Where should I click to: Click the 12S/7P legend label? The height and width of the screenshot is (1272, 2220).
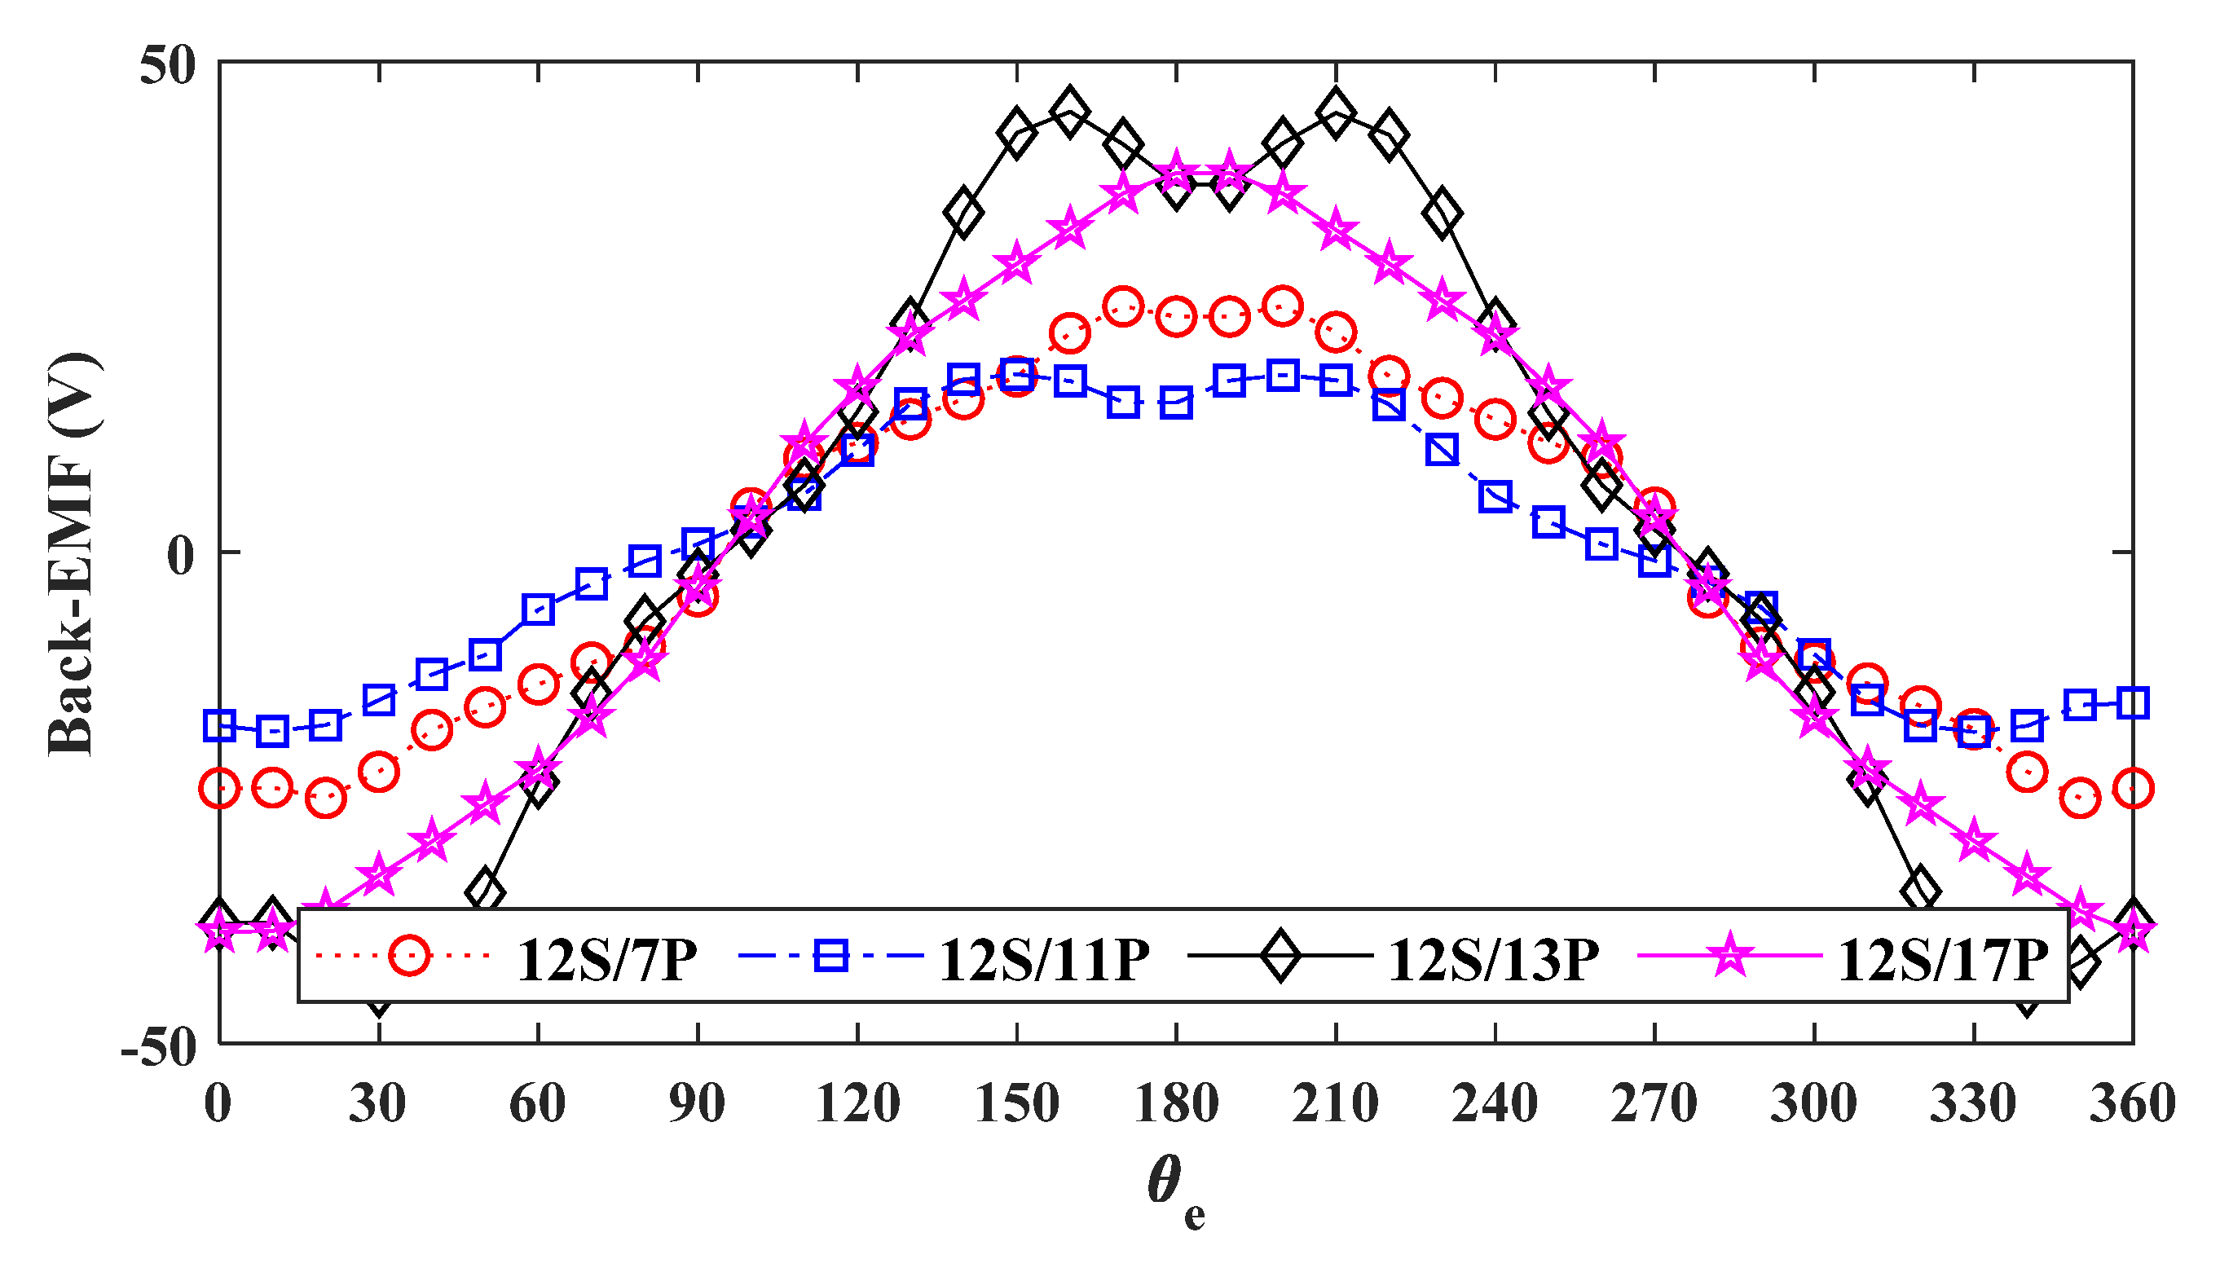pyautogui.click(x=607, y=961)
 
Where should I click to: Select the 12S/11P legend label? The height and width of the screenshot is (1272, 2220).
pyautogui.click(x=1044, y=961)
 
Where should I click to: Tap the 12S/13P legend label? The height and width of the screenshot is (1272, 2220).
pyautogui.click(x=1493, y=961)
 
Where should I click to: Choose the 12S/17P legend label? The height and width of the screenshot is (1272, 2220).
pyautogui.click(x=1943, y=961)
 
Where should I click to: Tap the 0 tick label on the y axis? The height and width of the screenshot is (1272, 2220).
pyautogui.click(x=181, y=555)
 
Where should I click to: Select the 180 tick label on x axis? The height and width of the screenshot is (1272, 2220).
pyautogui.click(x=1176, y=1103)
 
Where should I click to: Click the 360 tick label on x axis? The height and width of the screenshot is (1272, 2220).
pyautogui.click(x=2133, y=1103)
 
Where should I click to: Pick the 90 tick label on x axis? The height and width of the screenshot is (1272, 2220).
pyautogui.click(x=697, y=1103)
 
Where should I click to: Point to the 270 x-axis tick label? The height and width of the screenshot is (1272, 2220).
pyautogui.click(x=1654, y=1103)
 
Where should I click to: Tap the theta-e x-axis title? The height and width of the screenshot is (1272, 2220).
pyautogui.click(x=1176, y=1190)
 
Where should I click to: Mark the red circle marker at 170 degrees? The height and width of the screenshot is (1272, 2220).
pyautogui.click(x=1124, y=306)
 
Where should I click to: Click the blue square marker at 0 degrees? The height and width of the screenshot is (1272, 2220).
pyautogui.click(x=219, y=725)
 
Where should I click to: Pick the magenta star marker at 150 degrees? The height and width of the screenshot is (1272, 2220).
pyautogui.click(x=1017, y=264)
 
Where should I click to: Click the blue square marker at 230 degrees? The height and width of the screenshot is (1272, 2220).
pyautogui.click(x=1443, y=450)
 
